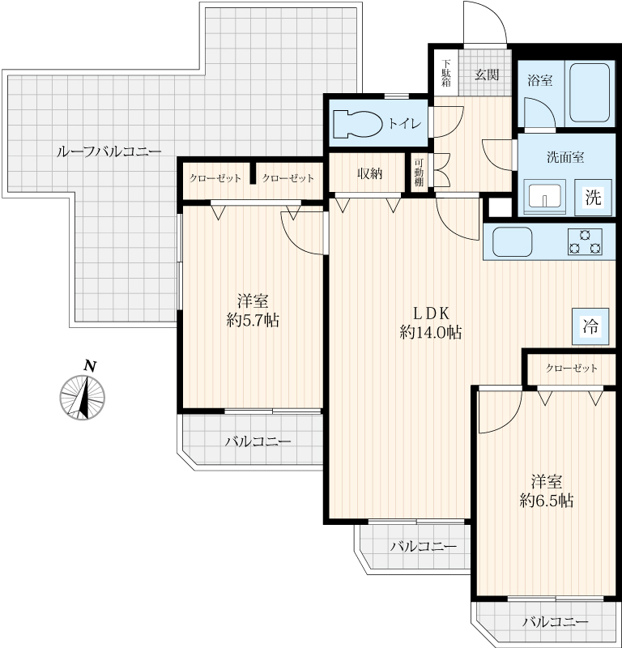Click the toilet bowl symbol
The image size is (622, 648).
point(358,123)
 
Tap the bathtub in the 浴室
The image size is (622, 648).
point(590,92)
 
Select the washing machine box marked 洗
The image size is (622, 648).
point(593,197)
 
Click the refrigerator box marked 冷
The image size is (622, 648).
point(590,326)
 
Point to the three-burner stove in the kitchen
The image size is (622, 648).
point(585,241)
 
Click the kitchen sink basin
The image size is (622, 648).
point(512,241)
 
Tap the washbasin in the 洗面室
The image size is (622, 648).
point(544,197)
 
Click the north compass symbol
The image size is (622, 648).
point(83,398)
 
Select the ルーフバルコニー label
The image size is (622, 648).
point(109,151)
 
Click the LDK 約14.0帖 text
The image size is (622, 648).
point(431,322)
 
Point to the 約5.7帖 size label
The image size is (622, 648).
point(253,320)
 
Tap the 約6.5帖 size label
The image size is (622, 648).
point(547,501)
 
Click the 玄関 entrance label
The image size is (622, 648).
point(487,75)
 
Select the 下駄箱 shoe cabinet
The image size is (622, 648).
point(446,73)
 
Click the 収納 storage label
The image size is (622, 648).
point(369,174)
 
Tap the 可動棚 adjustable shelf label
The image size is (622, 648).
point(419,173)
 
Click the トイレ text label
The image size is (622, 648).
point(404,123)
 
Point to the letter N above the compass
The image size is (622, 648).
point(90,366)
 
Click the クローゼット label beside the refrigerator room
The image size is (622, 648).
point(572,368)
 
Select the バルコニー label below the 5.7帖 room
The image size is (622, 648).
point(258,441)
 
